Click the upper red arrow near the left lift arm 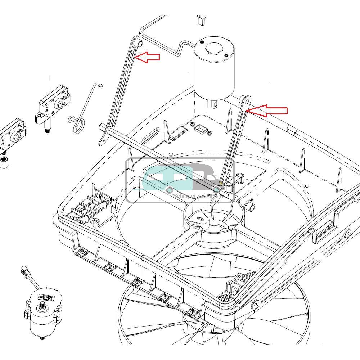(148, 57)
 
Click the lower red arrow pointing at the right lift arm (268, 111)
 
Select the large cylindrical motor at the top (214, 70)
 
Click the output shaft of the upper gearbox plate (48, 128)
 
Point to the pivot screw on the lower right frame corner (255, 305)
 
